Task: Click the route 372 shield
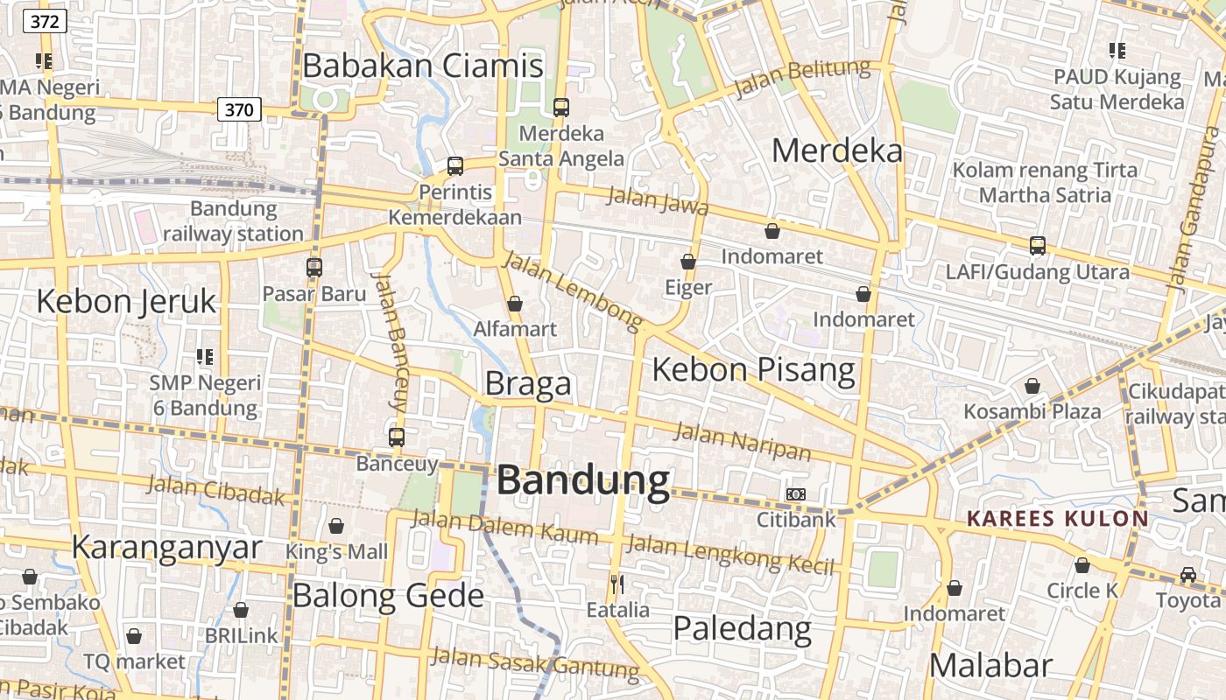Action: tap(45, 21)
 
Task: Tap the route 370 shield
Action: tap(238, 109)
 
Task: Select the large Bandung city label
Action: tap(583, 480)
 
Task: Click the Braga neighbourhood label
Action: tap(528, 383)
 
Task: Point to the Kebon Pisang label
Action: tap(753, 369)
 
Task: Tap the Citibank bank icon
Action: tap(796, 494)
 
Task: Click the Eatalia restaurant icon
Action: tap(617, 584)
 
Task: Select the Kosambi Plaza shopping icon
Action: tap(1032, 386)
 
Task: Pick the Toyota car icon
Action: tap(1188, 575)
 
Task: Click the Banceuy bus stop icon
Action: tap(397, 437)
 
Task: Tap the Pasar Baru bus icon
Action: tap(314, 268)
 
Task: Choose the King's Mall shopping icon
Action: tap(336, 526)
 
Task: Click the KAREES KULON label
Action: tap(1057, 519)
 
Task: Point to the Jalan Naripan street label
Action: tap(743, 440)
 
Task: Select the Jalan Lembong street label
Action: tap(574, 291)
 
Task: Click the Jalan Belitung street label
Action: tap(802, 78)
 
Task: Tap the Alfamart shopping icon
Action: tap(515, 304)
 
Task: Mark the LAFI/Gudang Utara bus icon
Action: tap(1038, 246)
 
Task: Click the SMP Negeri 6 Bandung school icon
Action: tap(205, 357)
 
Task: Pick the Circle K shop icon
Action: tap(1082, 565)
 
